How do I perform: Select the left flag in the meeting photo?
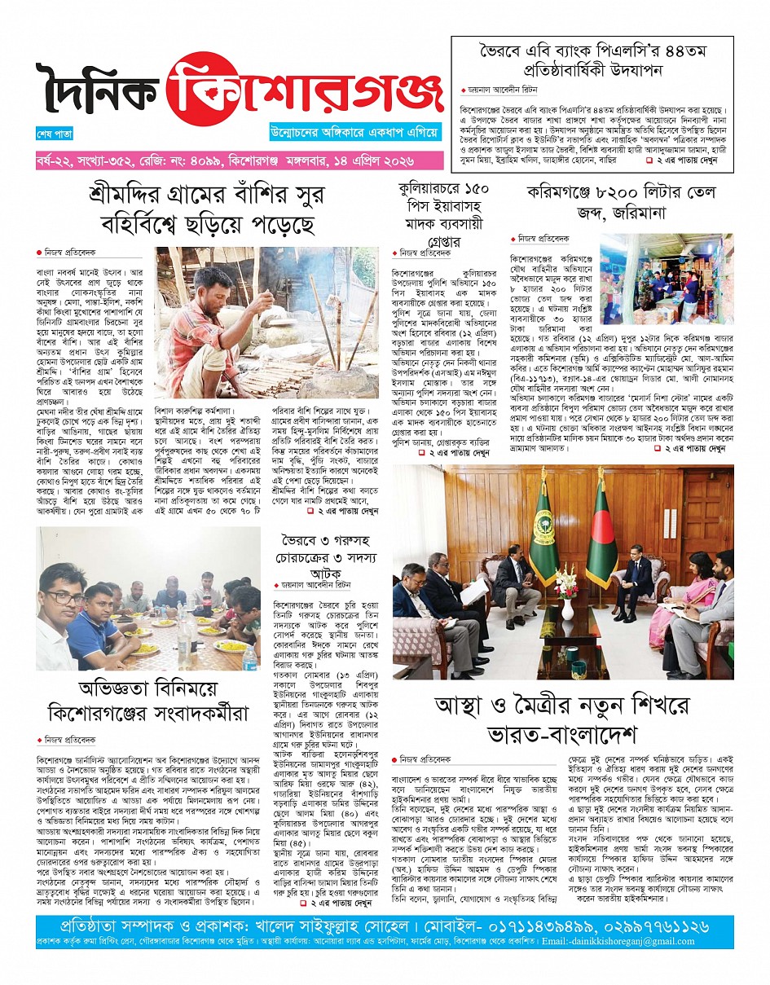(x=542, y=530)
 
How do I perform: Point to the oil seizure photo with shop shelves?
(x=666, y=279)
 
